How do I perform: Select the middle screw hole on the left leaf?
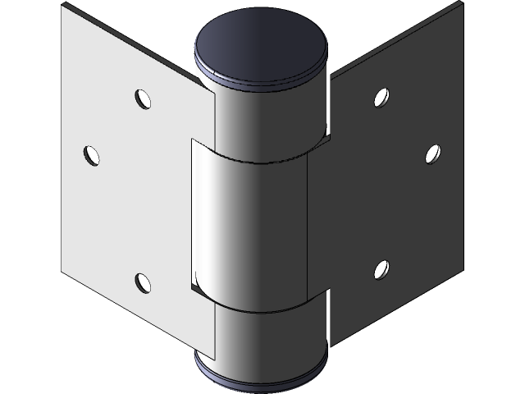point(91,153)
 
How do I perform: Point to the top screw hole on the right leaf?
point(381,98)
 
